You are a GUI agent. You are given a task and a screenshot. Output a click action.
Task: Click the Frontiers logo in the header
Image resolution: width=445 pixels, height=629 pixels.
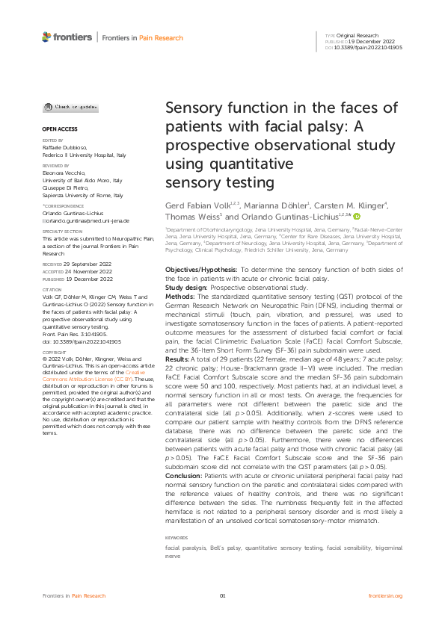coord(67,37)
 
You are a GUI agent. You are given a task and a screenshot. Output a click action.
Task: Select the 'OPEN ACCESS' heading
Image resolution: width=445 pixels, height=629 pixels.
coord(55,129)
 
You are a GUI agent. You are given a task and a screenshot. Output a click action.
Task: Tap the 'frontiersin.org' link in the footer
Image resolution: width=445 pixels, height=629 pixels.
coord(386,595)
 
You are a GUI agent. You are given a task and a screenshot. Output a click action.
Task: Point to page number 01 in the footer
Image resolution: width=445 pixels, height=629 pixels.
coord(222,595)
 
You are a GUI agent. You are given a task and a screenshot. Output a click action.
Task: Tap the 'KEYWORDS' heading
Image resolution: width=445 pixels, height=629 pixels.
coord(177,496)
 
